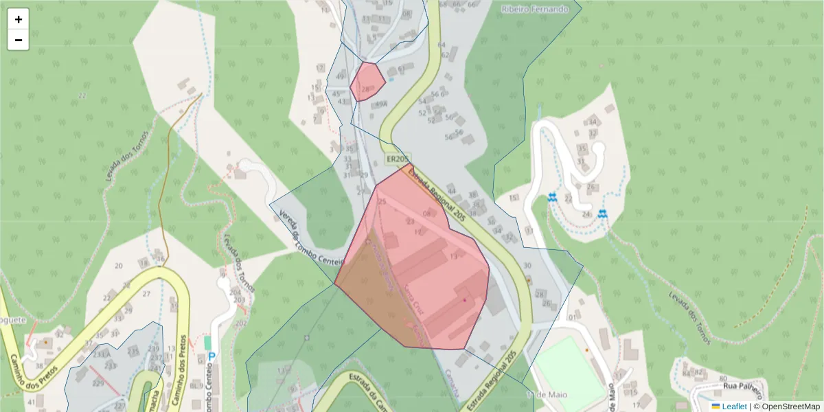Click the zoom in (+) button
tap(19, 19)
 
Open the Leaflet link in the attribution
tap(734, 407)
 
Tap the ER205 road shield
tap(397, 159)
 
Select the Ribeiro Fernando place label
tap(535, 9)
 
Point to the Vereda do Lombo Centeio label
tap(310, 240)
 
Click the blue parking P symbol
tap(211, 357)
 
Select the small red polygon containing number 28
tap(367, 82)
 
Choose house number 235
tap(133, 352)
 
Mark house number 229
tap(98, 383)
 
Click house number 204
tap(236, 292)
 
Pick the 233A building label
tap(102, 354)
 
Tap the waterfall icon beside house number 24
tap(602, 214)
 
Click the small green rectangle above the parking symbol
tap(208, 342)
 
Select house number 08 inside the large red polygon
tap(427, 214)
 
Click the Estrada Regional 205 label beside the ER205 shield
tap(437, 195)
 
